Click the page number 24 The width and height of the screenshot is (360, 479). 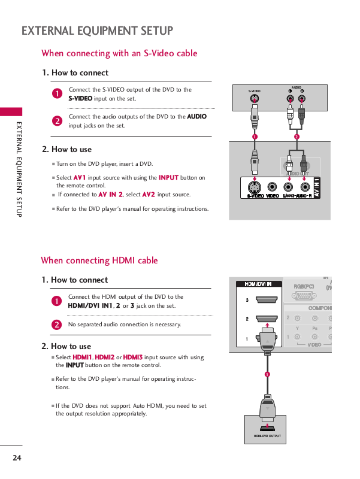[x=16, y=458]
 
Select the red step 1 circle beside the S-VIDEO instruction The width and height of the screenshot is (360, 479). [x=56, y=94]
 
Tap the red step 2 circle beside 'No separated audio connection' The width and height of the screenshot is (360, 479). [x=56, y=325]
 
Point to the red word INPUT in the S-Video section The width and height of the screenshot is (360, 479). [x=168, y=178]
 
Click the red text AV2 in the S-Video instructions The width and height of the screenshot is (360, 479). [x=149, y=195]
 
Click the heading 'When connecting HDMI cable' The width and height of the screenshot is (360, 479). [x=99, y=260]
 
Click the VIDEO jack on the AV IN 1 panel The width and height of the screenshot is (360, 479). [x=273, y=186]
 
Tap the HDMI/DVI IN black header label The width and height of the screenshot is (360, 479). [x=258, y=284]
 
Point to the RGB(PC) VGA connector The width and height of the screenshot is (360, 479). [x=304, y=295]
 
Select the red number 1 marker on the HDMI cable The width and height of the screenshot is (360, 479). [x=267, y=375]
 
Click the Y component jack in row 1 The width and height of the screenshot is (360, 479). [x=298, y=336]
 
